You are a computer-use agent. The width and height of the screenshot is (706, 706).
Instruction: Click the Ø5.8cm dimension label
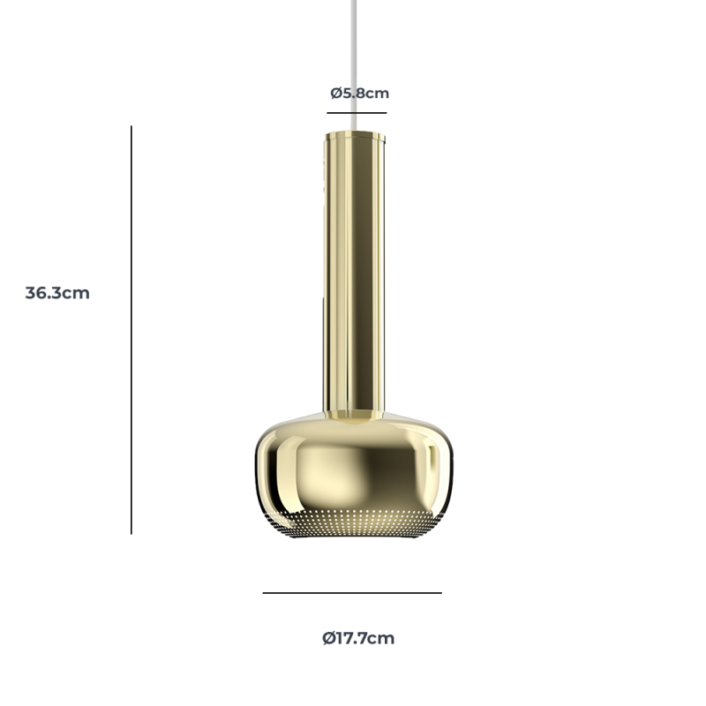(359, 93)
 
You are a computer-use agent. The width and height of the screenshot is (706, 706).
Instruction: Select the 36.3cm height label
(57, 293)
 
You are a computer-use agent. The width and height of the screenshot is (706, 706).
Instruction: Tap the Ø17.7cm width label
(358, 638)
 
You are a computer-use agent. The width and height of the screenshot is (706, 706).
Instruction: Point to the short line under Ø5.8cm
(357, 113)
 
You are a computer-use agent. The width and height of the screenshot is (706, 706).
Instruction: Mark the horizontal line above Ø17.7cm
(352, 593)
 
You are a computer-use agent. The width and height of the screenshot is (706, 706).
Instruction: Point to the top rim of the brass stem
(355, 135)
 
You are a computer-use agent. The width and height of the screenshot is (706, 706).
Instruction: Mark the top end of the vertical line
(131, 127)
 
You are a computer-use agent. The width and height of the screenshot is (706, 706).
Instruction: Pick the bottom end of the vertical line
(131, 533)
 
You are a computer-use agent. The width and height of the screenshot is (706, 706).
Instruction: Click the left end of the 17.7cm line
(264, 593)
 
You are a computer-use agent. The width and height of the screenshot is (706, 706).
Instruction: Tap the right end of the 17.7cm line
(440, 593)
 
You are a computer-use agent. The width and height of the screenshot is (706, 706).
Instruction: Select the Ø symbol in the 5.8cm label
(336, 93)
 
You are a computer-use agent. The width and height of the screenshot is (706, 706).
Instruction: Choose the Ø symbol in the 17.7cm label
(328, 638)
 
